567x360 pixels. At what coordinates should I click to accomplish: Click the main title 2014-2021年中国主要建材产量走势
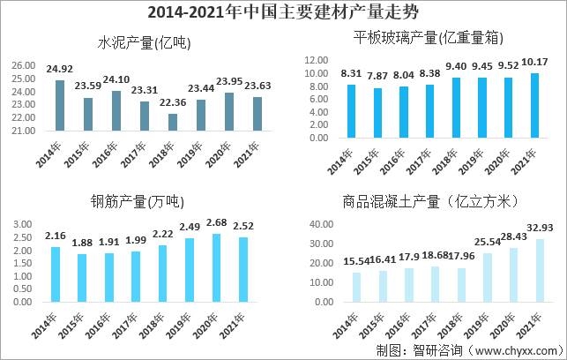tap(283, 12)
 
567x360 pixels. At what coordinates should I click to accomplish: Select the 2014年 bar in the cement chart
tap(60, 107)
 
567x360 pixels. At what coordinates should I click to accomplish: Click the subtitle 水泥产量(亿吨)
tap(145, 41)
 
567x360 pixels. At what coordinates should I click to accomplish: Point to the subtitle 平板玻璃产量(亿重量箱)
tap(422, 38)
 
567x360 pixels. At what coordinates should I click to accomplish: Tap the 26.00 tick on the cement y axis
tap(24, 65)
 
